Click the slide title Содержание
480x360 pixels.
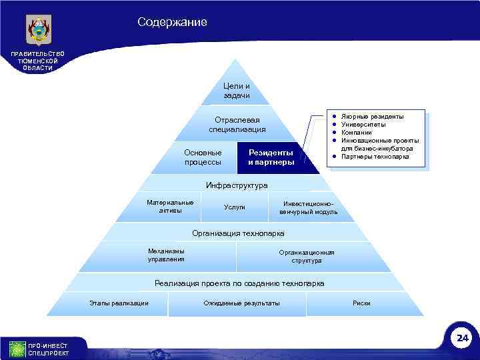click(172, 23)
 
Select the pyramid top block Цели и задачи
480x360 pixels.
click(237, 91)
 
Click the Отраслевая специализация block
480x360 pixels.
click(237, 124)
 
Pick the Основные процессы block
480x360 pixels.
click(203, 158)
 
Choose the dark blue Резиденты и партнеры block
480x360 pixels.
click(271, 158)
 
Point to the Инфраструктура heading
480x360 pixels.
click(237, 185)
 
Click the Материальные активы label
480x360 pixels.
click(170, 207)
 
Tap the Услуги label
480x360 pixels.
click(234, 207)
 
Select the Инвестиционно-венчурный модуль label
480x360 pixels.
click(308, 207)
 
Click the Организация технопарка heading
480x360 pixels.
click(238, 233)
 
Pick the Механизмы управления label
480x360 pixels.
click(167, 255)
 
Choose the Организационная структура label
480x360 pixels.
click(307, 257)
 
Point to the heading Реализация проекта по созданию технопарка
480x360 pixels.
click(239, 283)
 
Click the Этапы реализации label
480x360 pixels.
click(119, 304)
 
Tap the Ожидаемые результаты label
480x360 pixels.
click(241, 304)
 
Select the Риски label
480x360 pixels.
click(361, 304)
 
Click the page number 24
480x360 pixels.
click(462, 339)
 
